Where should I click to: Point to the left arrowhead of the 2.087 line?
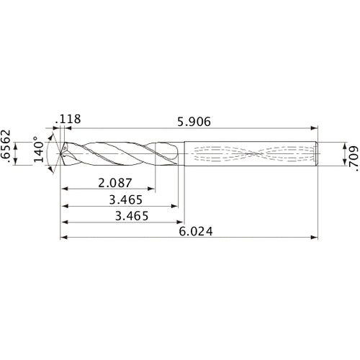[x=63, y=189]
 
